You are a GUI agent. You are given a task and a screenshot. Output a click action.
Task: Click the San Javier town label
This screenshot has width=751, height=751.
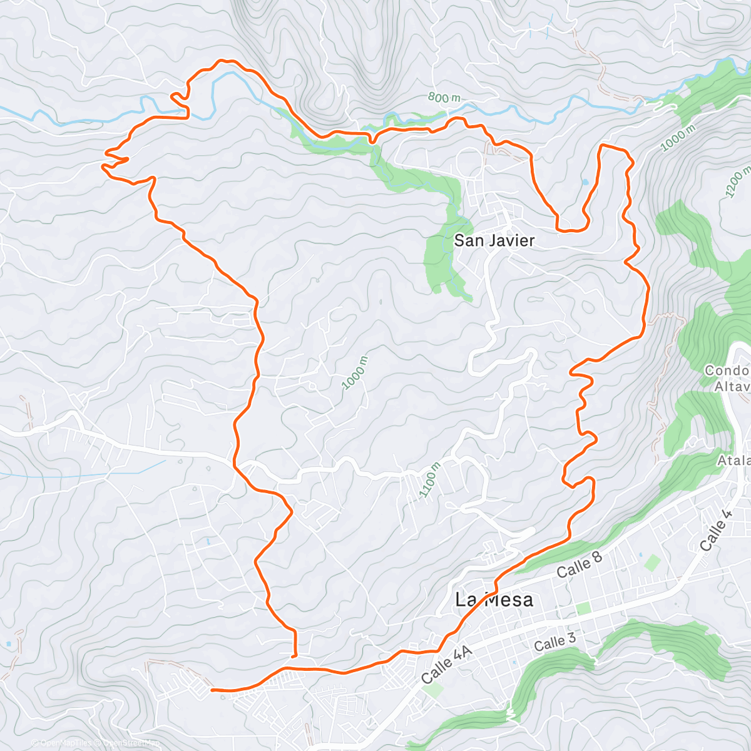(x=494, y=240)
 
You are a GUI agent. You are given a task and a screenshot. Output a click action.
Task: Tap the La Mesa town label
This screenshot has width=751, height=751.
(x=494, y=600)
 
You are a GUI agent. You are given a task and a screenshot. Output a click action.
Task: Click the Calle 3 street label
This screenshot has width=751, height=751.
(x=554, y=642)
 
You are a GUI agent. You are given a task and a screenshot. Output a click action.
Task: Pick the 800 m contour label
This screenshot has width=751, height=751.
(x=444, y=98)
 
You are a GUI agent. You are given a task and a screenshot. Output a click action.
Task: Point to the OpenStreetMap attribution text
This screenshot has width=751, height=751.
(x=128, y=743)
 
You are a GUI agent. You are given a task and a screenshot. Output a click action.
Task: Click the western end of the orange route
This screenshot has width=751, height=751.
(x=213, y=690)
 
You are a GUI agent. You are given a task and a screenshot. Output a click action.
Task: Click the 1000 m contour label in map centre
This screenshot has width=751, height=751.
(x=354, y=373)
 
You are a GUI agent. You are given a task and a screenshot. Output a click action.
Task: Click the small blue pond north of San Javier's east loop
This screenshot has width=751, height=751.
(x=585, y=181)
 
